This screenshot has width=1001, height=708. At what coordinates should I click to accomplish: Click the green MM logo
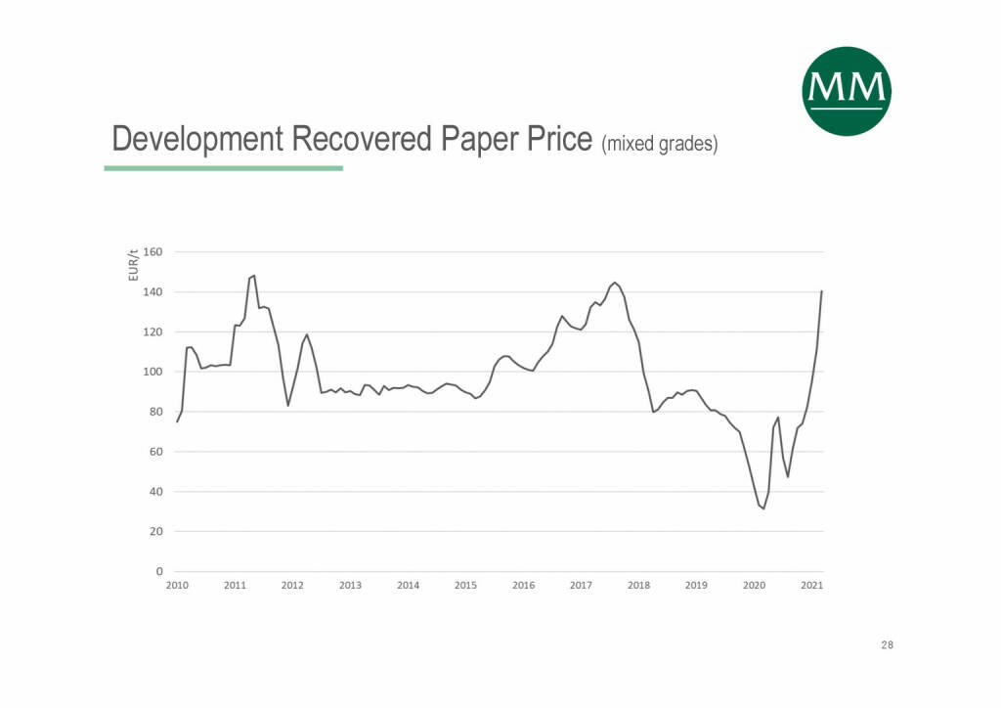847,91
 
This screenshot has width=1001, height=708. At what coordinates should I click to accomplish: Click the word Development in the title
187,139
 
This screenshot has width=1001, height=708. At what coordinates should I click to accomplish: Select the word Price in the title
558,139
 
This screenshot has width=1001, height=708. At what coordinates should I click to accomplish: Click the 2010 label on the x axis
176,586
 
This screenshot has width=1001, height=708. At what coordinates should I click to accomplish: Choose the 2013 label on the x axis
350,586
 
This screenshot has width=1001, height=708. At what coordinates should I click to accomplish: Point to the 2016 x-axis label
523,586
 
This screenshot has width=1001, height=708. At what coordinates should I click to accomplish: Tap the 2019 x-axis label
696,586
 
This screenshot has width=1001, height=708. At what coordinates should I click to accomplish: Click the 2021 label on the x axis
811,586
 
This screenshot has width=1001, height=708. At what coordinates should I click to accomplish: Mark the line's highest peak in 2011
254,276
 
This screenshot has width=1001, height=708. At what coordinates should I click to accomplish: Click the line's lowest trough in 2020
763,509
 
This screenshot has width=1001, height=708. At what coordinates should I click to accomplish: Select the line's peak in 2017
614,283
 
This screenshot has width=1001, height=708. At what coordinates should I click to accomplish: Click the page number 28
886,645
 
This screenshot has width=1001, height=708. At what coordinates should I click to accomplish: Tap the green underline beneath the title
223,168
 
